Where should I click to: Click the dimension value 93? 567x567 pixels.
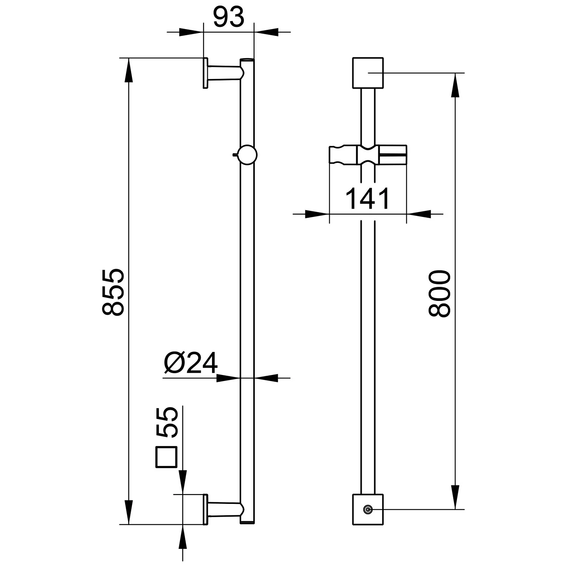point(229,17)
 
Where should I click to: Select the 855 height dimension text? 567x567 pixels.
point(113,292)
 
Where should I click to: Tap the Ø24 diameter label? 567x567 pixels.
point(191,363)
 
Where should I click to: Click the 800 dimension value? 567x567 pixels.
point(440,293)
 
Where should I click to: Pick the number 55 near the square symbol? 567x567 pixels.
point(166,423)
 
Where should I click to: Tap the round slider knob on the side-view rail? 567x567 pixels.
point(247,155)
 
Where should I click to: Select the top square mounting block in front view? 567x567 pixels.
point(368,73)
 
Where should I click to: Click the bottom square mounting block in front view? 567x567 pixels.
point(368,509)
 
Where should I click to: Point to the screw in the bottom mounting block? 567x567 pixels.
point(367,510)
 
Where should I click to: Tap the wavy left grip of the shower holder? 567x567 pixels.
point(343,155)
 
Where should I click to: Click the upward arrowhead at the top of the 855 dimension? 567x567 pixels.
point(129,70)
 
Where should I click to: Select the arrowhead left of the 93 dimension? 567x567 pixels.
point(191,32)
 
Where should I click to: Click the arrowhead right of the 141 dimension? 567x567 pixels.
point(419,214)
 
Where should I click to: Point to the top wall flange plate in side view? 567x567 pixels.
point(205,73)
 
